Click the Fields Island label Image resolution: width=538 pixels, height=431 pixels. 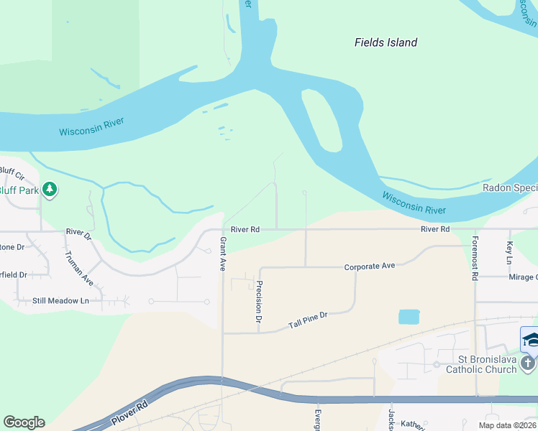[x=386, y=42]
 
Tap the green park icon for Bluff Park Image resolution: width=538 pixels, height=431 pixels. [x=50, y=190]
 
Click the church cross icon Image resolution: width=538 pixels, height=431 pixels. [x=529, y=363]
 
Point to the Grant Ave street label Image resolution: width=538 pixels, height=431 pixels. [x=223, y=254]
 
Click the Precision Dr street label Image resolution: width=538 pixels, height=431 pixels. [x=258, y=300]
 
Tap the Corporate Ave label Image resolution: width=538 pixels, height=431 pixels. [x=370, y=267]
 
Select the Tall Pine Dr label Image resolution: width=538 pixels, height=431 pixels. [x=308, y=320]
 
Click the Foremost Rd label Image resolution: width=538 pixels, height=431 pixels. [x=475, y=256]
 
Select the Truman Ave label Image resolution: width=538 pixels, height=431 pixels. [x=78, y=267]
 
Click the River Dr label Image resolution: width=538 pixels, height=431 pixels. [x=78, y=232]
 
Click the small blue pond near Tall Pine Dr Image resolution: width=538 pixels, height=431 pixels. [x=409, y=317]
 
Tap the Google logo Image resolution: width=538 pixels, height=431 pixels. [x=24, y=422]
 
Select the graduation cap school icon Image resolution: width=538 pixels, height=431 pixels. [x=530, y=339]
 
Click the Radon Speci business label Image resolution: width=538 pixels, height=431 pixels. [x=509, y=188]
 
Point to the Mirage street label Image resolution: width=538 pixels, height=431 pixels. [x=523, y=277]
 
